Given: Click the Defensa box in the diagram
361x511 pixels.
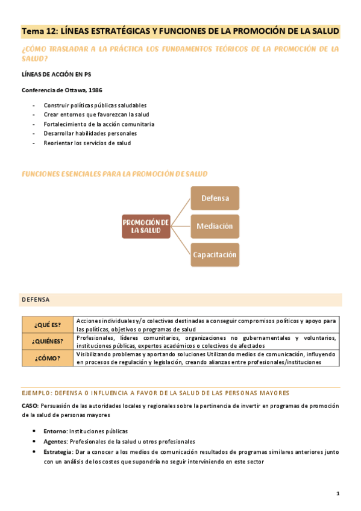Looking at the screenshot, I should pos(215,198).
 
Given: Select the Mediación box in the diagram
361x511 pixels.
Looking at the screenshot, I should pos(215,226).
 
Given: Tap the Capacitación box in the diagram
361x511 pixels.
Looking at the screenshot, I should pos(215,254).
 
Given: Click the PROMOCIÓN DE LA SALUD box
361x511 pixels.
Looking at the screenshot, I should pos(146,227).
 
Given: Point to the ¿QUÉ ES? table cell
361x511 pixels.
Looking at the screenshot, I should pos(48,325).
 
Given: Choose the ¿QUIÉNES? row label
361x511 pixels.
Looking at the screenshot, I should pos(48,342).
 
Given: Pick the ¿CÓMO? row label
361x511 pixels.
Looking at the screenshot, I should pos(48,358).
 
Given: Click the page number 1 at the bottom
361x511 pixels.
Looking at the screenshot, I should pos(338,494).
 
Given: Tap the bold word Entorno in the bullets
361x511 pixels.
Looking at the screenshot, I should pos(55,431).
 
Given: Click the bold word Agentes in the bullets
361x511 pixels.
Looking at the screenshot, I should pos(56,442).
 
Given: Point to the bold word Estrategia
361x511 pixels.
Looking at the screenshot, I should pos(58,452).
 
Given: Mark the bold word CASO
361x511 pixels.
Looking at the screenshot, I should pos(30,406).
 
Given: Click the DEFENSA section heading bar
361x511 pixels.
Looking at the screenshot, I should pos(181,299).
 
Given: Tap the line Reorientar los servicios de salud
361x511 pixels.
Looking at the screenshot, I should pos(87,143).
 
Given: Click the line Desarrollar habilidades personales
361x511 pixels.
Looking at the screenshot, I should pos(90,133).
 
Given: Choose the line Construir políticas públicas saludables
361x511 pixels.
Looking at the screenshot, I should pos(95,105).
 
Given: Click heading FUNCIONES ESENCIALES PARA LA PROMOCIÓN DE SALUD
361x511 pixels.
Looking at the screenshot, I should pos(115,174).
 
